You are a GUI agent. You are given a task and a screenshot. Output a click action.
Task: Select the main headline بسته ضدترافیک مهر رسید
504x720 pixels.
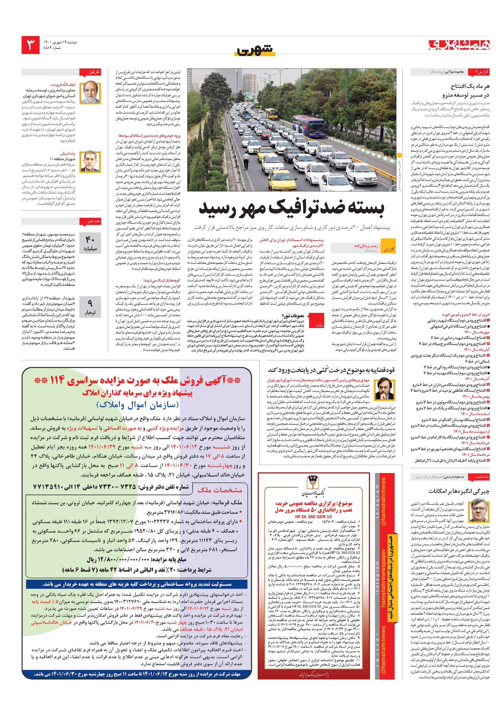[x=291, y=209]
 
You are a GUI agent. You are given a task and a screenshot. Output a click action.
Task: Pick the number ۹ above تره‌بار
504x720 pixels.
[x=90, y=303]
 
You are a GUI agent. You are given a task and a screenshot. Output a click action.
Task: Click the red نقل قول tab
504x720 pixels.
[x=94, y=72]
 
